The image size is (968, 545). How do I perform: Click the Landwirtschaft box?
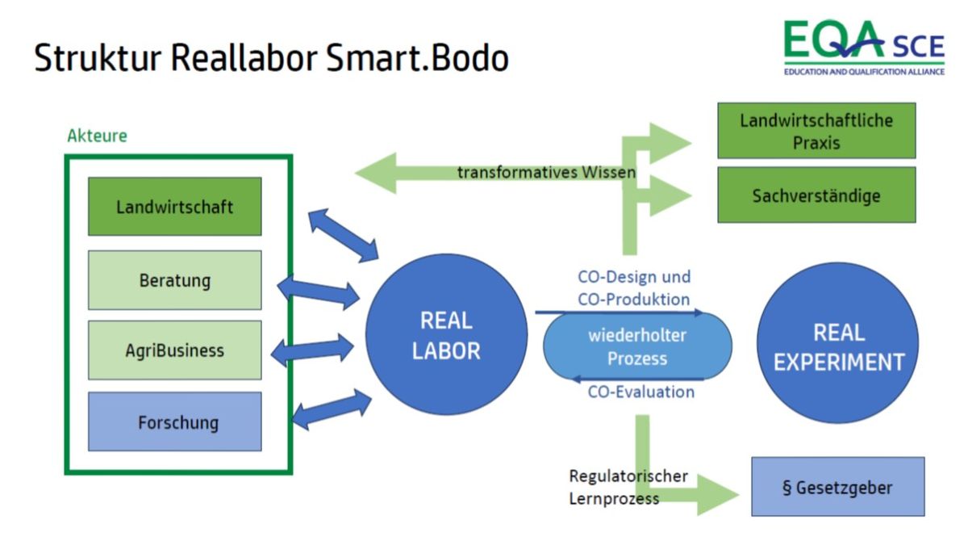174,207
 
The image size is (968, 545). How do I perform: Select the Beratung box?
174,280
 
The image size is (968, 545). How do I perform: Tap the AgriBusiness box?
174,350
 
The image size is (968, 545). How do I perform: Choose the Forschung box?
174,421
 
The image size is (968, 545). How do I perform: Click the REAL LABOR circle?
446,334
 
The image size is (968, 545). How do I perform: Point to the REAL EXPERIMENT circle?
838,342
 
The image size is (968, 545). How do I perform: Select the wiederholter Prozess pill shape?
637,346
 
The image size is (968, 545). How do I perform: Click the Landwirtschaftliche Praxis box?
816,131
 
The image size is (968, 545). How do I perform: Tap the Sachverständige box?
816,195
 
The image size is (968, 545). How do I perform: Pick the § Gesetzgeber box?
838,487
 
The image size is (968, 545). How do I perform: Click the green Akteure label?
98,136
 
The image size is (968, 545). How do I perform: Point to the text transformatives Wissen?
547,172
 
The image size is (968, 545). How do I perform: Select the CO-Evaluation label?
640,392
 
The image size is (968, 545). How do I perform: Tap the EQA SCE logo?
864,48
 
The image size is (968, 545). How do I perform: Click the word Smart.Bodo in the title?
418,58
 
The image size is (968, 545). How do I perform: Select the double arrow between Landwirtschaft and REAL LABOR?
344,235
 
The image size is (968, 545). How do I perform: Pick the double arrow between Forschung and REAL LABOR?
332,409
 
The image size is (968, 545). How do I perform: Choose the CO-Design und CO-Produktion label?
634,288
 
